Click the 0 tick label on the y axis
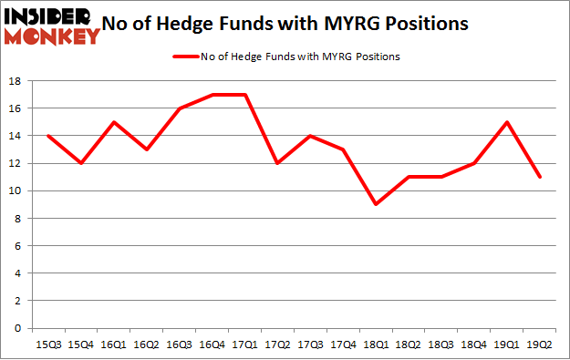[17, 328]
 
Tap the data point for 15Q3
[48, 136]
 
